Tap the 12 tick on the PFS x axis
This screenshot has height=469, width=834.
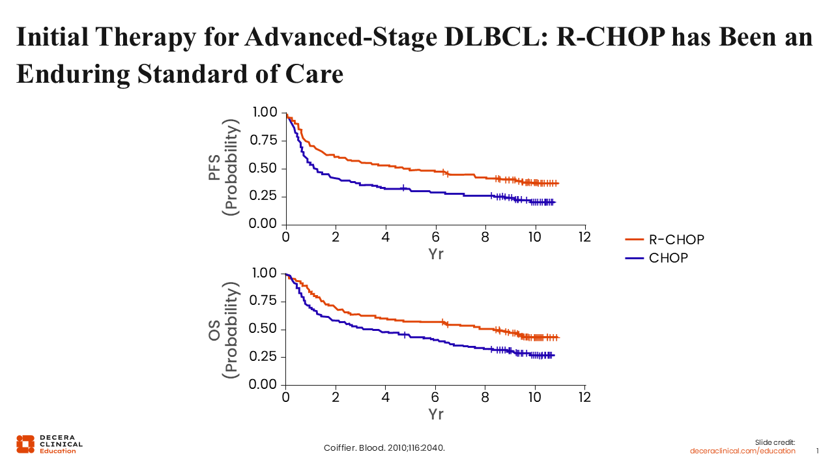coord(584,237)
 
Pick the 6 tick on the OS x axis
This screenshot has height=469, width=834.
coord(435,397)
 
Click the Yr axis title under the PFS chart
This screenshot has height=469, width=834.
coord(436,254)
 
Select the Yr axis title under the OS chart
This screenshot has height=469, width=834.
coord(436,414)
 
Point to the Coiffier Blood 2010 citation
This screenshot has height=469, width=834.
coord(384,448)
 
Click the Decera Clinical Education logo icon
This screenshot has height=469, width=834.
coord(25,444)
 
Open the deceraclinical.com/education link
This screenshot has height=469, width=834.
coord(743,451)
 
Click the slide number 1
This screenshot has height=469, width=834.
coord(818,451)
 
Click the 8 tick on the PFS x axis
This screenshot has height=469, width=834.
coord(485,237)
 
